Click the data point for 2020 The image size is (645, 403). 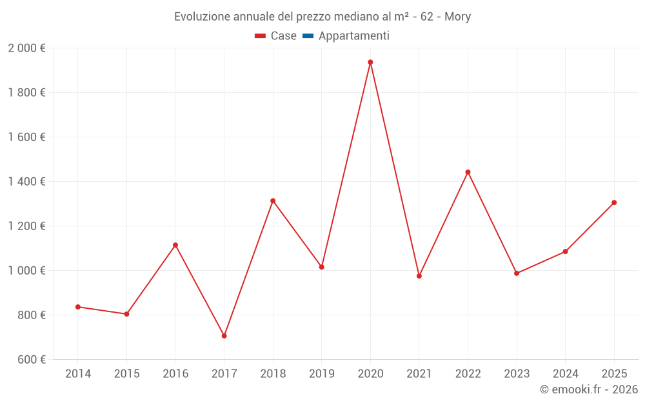pyautogui.click(x=370, y=63)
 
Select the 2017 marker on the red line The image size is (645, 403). pyautogui.click(x=224, y=336)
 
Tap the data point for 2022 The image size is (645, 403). pyautogui.click(x=468, y=172)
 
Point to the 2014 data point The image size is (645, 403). pyautogui.click(x=78, y=307)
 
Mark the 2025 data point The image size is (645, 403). pyautogui.click(x=614, y=202)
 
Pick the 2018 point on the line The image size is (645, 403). pyautogui.click(x=273, y=201)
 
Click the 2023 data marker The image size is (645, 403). pyautogui.click(x=517, y=273)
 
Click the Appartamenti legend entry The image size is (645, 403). pyautogui.click(x=353, y=36)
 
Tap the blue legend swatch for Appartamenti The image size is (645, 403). pyautogui.click(x=308, y=36)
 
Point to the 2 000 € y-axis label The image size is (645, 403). pyautogui.click(x=26, y=48)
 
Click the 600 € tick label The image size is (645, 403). pyautogui.click(x=30, y=360)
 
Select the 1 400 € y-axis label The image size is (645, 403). pyautogui.click(x=26, y=182)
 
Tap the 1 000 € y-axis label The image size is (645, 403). pyautogui.click(x=26, y=271)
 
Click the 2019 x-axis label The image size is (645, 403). pyautogui.click(x=321, y=374)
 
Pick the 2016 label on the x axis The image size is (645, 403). pyautogui.click(x=175, y=374)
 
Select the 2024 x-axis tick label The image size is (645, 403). pyautogui.click(x=565, y=374)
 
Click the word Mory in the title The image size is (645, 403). pyautogui.click(x=458, y=17)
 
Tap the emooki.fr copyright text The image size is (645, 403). pyautogui.click(x=588, y=389)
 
